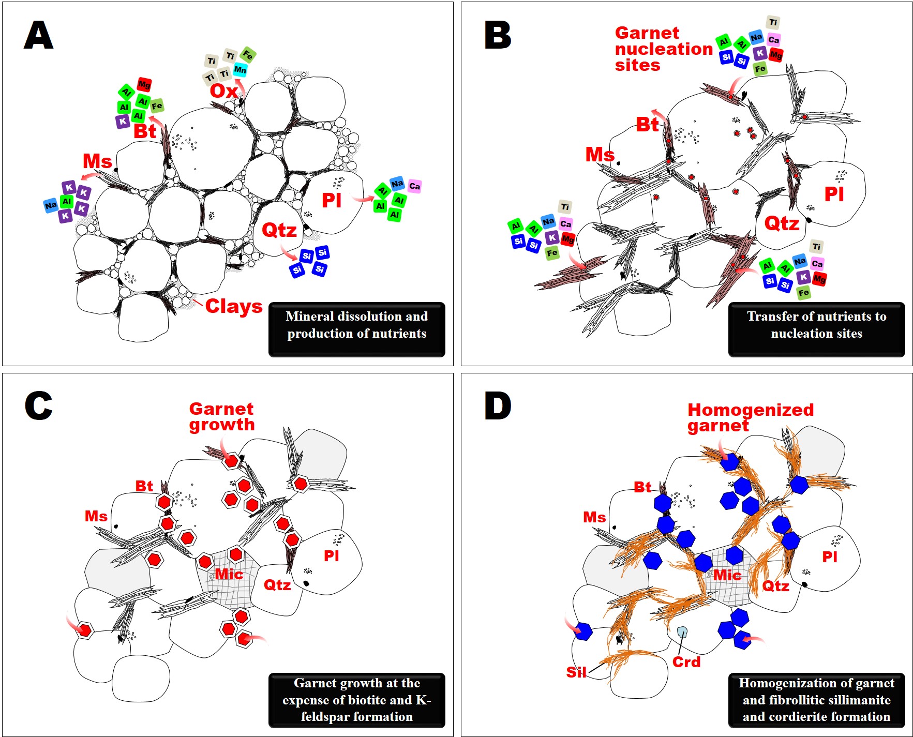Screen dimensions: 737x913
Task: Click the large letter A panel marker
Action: [x=38, y=36]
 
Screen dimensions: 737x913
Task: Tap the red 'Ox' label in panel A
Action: [x=223, y=91]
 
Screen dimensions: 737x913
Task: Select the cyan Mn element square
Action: [x=240, y=69]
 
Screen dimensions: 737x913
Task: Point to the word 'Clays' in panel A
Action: [x=234, y=306]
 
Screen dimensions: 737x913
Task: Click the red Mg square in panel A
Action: [x=144, y=84]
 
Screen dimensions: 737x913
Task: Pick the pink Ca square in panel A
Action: [x=414, y=186]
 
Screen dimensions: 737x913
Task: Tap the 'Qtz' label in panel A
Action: [x=279, y=230]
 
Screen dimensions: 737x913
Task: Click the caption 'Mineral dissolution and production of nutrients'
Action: [x=356, y=325]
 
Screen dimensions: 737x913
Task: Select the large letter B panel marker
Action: [x=497, y=36]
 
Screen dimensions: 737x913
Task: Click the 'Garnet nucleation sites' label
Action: [x=663, y=49]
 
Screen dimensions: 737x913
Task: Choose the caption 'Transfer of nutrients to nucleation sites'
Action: [x=816, y=325]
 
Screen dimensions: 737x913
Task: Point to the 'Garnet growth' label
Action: [x=222, y=417]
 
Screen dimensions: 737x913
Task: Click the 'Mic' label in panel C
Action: [x=229, y=574]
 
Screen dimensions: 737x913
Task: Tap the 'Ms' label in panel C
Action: [x=96, y=516]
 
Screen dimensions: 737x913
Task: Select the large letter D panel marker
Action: [x=497, y=406]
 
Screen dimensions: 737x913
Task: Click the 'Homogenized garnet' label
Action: [x=750, y=417]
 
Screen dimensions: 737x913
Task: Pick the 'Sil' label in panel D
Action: [x=576, y=672]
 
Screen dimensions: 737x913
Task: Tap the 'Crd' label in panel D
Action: [x=686, y=662]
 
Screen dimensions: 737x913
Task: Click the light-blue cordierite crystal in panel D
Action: [x=682, y=632]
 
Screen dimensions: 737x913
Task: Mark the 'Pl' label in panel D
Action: [x=830, y=556]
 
